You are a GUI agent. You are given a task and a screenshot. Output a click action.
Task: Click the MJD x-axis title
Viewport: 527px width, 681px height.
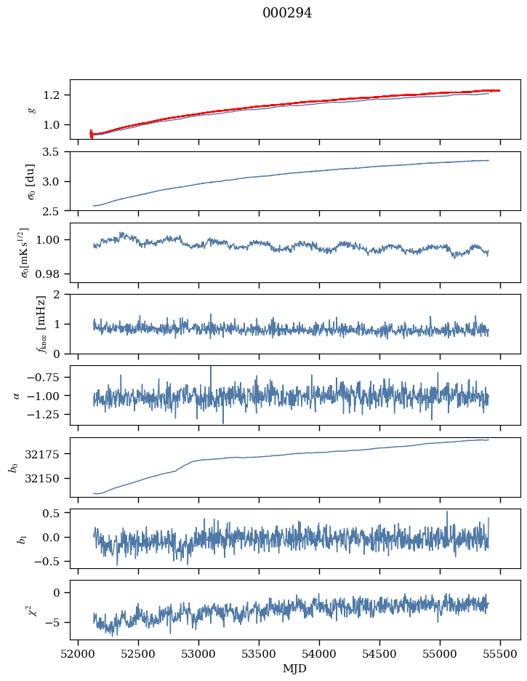click(295, 669)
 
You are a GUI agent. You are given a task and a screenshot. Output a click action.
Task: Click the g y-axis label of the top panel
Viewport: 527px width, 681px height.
click(32, 109)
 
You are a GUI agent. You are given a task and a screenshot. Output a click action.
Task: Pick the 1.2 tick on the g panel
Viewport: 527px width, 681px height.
click(56, 95)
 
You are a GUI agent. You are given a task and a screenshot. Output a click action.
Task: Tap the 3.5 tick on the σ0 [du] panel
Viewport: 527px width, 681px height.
click(56, 152)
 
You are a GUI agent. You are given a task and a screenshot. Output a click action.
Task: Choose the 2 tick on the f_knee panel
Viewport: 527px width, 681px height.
click(61, 295)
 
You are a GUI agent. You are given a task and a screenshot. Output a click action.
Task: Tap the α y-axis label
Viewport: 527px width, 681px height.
click(16, 395)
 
